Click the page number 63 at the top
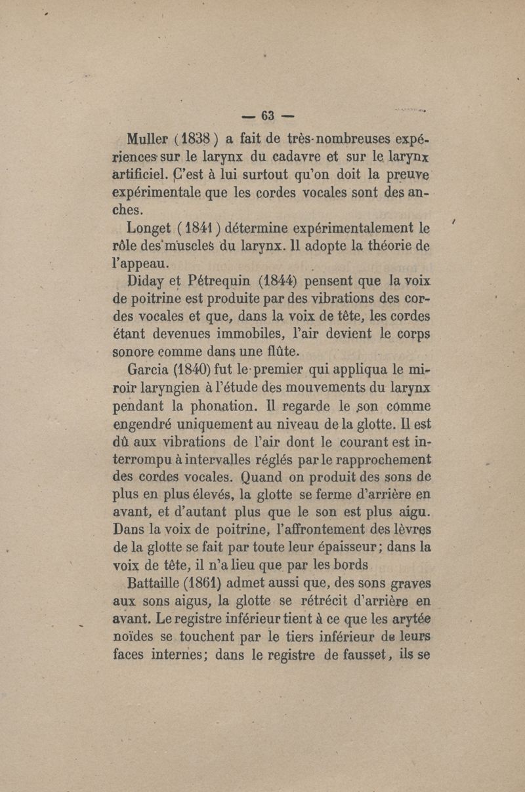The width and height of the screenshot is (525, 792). [x=267, y=119]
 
